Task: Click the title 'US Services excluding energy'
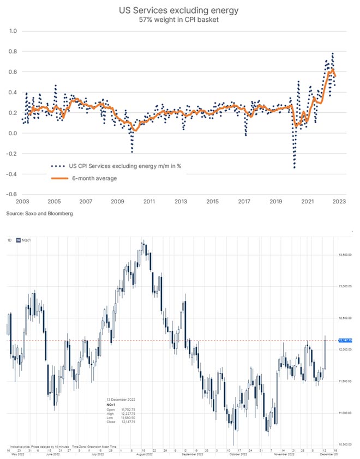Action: pyautogui.click(x=180, y=9)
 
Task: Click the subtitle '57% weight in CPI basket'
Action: pyautogui.click(x=180, y=20)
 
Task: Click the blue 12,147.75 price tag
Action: pyautogui.click(x=346, y=340)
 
